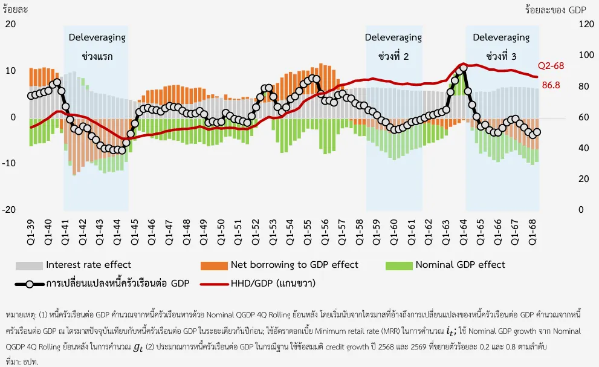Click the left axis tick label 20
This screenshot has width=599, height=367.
(10, 24)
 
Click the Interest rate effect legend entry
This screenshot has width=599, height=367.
(88, 264)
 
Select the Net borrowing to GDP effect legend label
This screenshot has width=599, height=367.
(294, 264)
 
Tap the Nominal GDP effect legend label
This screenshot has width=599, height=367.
(460, 264)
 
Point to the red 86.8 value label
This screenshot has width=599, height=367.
(551, 85)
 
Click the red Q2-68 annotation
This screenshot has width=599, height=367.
(551, 65)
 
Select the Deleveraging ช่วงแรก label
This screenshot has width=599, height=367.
(97, 47)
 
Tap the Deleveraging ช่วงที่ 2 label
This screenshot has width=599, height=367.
(393, 47)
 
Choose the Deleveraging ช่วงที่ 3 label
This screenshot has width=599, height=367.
(501, 47)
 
